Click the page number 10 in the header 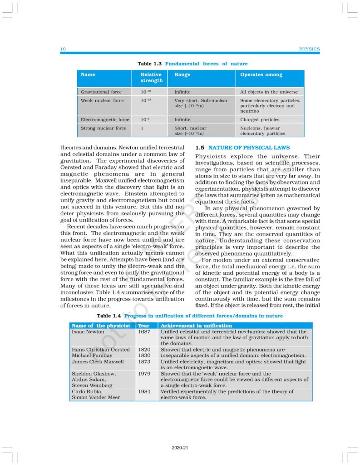tap(63, 49)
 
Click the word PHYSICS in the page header tap(310, 49)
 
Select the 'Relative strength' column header tap(151, 77)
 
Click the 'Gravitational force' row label tap(101, 92)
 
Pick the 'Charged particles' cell tap(260, 120)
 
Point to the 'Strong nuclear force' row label tap(103, 128)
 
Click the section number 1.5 tap(200, 148)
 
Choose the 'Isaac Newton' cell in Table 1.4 tap(88, 332)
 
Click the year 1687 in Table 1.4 tap(143, 332)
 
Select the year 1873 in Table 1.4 tap(143, 361)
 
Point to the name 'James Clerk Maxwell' tap(98, 361)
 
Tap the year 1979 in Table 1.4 tap(143, 373)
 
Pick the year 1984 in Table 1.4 tap(143, 391)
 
